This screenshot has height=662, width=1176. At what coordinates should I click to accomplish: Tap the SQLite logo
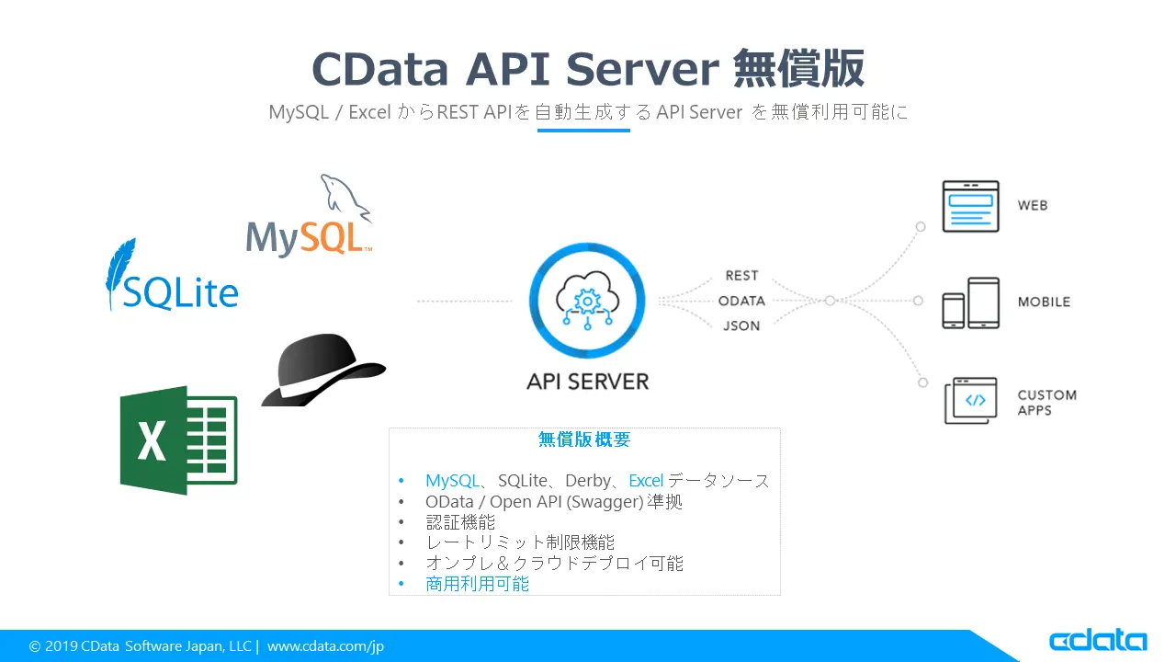[x=172, y=279]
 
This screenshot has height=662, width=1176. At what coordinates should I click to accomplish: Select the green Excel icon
[x=178, y=440]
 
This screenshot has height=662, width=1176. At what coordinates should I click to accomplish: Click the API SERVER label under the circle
[x=587, y=381]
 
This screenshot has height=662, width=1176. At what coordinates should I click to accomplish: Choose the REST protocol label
[x=741, y=276]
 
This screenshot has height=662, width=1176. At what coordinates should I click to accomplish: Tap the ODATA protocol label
[x=741, y=301]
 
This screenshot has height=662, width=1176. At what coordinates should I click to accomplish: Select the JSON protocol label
[x=741, y=325]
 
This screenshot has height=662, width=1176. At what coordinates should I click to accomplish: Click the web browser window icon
[x=970, y=206]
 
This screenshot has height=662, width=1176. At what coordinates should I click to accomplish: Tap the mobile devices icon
[x=970, y=302]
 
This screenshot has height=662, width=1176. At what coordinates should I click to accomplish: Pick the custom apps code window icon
[x=971, y=400]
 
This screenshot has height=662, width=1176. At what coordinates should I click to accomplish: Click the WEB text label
[x=1033, y=206]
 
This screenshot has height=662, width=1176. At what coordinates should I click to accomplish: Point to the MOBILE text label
[x=1044, y=302]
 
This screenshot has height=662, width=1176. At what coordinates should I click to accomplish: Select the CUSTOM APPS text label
[x=1046, y=403]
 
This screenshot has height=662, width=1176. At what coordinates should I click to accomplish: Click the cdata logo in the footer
[x=1098, y=641]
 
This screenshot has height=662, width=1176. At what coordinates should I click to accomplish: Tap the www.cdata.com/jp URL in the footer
[x=325, y=646]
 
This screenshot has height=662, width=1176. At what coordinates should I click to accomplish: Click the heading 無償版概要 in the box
[x=584, y=440]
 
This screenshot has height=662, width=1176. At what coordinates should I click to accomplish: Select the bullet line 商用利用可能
[x=477, y=584]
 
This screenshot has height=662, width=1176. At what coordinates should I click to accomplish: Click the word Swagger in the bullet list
[x=598, y=502]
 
